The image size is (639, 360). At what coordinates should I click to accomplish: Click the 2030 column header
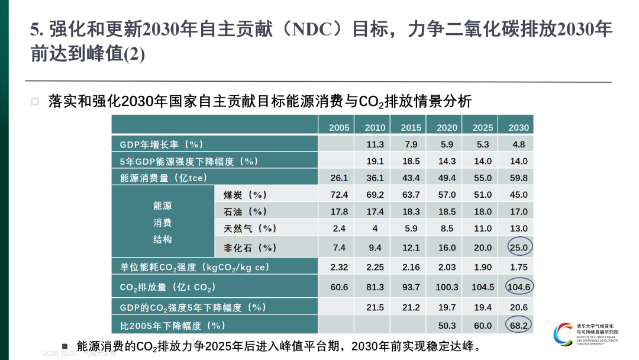[x=519, y=127]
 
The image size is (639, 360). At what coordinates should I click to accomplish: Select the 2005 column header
[x=339, y=127]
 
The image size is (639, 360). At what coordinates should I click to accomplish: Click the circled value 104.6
[x=519, y=287]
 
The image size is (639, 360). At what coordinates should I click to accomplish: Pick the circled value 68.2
[x=519, y=325]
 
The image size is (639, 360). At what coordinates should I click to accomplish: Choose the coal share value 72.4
[x=339, y=195]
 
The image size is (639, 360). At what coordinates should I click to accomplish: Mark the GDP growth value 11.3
[x=375, y=144]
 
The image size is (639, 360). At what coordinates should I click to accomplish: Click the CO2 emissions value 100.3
[x=447, y=287]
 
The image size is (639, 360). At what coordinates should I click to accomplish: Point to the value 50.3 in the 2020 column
[x=447, y=325]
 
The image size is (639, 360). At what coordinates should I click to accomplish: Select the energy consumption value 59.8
[x=519, y=178]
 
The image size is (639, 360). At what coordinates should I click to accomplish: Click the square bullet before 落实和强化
[x=35, y=101]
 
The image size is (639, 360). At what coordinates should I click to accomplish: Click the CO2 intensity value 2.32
[x=339, y=267]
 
